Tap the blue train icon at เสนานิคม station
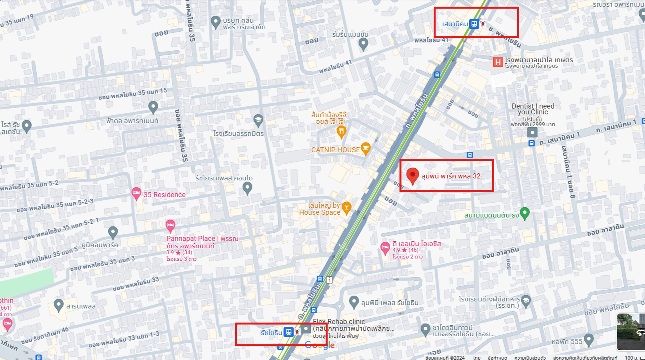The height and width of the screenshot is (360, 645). (474, 24)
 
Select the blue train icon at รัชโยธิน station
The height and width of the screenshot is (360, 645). (288, 332)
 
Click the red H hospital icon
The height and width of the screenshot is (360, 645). (498, 62)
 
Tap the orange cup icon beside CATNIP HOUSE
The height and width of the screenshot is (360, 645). (366, 148)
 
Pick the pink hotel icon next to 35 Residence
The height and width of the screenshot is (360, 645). (136, 193)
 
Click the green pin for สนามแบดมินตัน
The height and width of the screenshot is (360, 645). (525, 213)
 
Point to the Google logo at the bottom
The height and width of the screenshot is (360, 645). (320, 345)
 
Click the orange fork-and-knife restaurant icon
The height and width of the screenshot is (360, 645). (341, 132)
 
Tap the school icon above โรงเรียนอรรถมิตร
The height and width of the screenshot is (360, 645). (258, 120)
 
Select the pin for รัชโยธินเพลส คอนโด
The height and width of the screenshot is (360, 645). (247, 188)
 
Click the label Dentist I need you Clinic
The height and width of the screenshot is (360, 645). (533, 109)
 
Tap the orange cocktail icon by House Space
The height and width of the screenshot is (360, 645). (346, 208)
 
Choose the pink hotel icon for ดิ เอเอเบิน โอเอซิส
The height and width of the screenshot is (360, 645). (385, 248)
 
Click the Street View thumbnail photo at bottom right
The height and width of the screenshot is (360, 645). (630, 331)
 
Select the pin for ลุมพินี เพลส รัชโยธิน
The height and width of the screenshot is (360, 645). (354, 301)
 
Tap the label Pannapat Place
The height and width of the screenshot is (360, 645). (191, 238)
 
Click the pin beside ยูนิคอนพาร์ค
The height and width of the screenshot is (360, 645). (113, 232)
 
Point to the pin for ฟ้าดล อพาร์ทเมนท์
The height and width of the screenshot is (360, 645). (153, 106)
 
